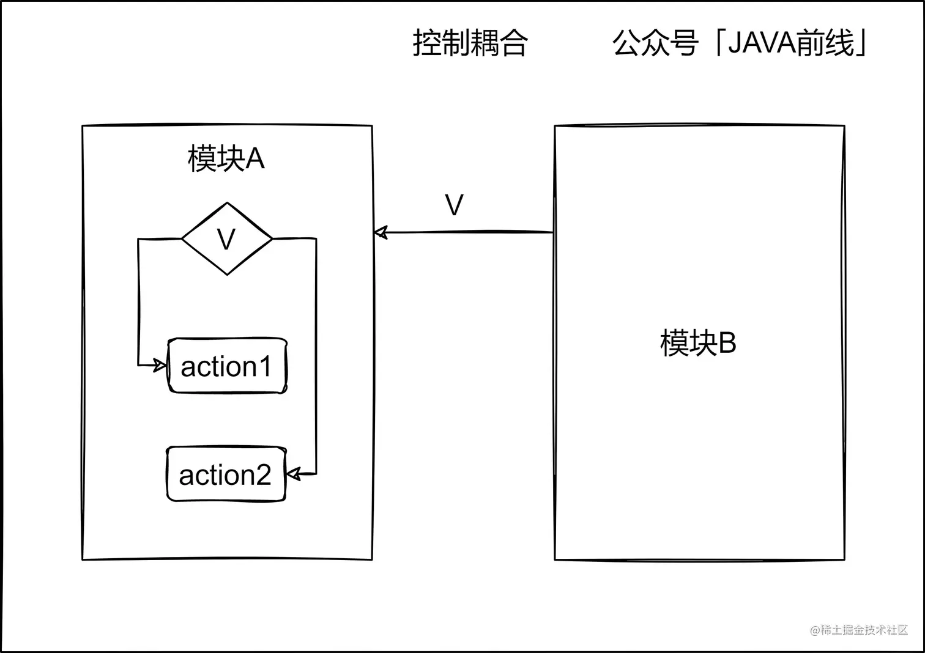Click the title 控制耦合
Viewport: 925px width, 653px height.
pyautogui.click(x=470, y=43)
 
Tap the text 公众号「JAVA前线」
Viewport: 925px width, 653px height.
pyautogui.click(x=740, y=43)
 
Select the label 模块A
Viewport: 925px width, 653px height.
pyautogui.click(x=226, y=159)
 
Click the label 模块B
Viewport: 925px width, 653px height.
pyautogui.click(x=698, y=343)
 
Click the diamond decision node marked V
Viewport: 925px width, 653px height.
pyautogui.click(x=227, y=239)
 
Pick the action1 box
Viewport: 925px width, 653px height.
pyautogui.click(x=227, y=366)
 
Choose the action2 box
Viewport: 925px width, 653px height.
pyautogui.click(x=226, y=474)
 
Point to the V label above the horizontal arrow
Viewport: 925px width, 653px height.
pyautogui.click(x=454, y=205)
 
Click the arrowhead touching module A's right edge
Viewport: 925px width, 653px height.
pyautogui.click(x=381, y=232)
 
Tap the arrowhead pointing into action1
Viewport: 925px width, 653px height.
pyautogui.click(x=160, y=366)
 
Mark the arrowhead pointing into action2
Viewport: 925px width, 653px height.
pyautogui.click(x=294, y=474)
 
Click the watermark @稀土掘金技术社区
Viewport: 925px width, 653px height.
pyautogui.click(x=859, y=630)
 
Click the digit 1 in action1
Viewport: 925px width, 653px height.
pyautogui.click(x=264, y=367)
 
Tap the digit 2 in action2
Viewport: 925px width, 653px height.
pyautogui.click(x=262, y=475)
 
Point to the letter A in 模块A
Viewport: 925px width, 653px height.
pyautogui.click(x=254, y=159)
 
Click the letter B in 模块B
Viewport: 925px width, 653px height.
pyautogui.click(x=727, y=343)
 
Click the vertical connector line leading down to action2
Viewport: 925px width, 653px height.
pyautogui.click(x=316, y=355)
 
